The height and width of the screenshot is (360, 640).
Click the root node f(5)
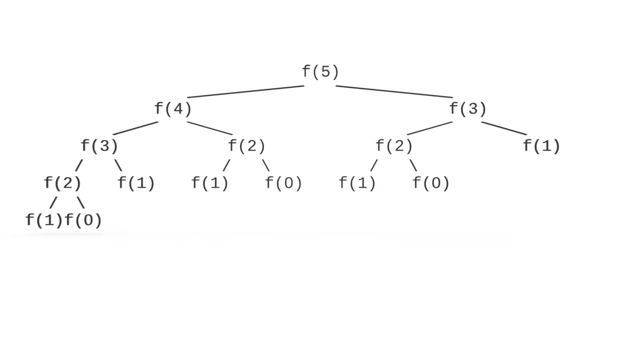tap(320, 72)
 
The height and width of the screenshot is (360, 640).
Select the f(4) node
tap(173, 109)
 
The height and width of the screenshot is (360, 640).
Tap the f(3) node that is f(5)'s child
tap(468, 109)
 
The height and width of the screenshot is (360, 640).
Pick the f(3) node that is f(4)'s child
tap(99, 146)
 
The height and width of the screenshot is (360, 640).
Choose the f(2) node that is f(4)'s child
tap(246, 146)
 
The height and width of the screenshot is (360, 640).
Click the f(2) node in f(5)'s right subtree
tap(394, 146)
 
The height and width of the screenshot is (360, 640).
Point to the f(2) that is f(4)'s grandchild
tap(62, 183)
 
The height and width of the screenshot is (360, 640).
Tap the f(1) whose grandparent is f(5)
tap(542, 146)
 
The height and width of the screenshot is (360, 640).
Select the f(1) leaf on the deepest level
tap(44, 220)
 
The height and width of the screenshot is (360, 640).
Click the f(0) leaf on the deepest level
tap(83, 220)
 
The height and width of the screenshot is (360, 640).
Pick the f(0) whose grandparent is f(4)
tap(284, 183)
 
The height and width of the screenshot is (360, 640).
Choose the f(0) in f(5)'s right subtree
tap(431, 183)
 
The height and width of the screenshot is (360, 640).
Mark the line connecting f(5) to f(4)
tap(246, 92)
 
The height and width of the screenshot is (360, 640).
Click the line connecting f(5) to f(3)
tap(394, 92)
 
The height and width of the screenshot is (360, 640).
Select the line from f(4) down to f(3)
tap(136, 128)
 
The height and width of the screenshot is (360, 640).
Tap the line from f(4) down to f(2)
tap(210, 128)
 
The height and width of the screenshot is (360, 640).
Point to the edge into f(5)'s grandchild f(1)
tap(504, 128)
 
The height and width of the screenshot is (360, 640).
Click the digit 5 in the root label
tap(325, 72)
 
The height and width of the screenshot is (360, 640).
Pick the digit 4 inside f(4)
tap(178, 109)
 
